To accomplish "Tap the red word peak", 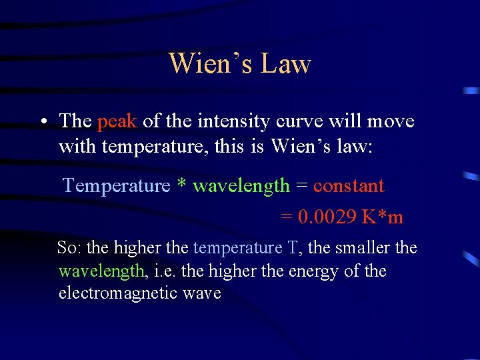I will [x=117, y=121].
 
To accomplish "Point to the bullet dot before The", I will [x=42, y=122].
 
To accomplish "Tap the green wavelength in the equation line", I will [x=241, y=185].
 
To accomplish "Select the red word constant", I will [x=349, y=185].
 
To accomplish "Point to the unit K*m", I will [x=383, y=217].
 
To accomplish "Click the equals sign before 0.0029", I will [x=286, y=218].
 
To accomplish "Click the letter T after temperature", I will [x=293, y=248].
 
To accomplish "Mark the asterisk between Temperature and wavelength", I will [x=181, y=184].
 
